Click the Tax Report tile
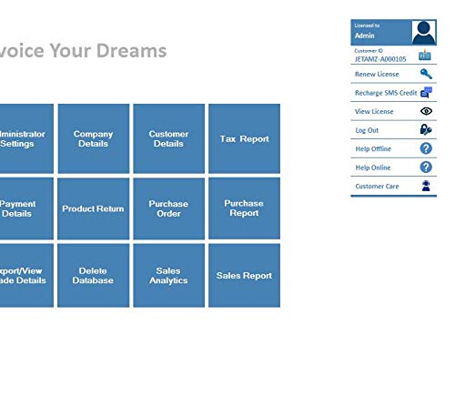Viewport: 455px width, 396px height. click(x=244, y=139)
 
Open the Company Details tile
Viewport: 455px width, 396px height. click(x=93, y=139)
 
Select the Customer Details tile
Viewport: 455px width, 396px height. click(x=168, y=139)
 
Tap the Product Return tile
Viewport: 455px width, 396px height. click(x=93, y=208)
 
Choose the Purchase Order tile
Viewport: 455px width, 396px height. click(x=168, y=208)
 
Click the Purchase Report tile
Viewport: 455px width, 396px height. click(x=244, y=208)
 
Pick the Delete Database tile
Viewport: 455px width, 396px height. click(x=93, y=276)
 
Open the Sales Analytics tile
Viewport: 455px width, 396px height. click(x=168, y=276)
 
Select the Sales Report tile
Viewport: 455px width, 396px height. click(x=244, y=276)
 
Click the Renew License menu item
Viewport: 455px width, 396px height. click(x=377, y=75)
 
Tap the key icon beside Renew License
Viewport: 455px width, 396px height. click(x=426, y=75)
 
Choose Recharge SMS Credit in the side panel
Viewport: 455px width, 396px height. click(x=385, y=93)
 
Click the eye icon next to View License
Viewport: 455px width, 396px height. click(x=426, y=111)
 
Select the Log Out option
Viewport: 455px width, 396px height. click(x=367, y=130)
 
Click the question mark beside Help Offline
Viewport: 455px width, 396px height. click(x=426, y=148)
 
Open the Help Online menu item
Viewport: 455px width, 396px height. click(x=373, y=168)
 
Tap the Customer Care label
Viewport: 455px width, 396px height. click(x=377, y=186)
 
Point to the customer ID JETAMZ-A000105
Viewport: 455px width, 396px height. click(x=380, y=58)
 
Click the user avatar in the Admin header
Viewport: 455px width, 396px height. click(x=424, y=32)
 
